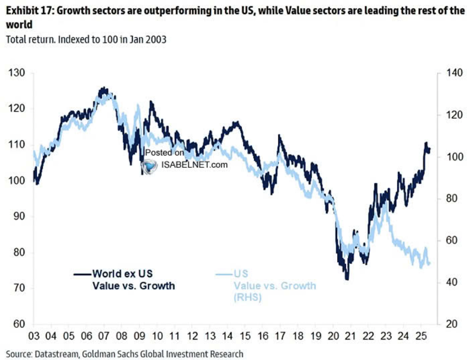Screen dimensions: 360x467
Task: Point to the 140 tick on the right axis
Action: (x=454, y=72)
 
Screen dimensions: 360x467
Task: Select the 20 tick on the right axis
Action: (x=452, y=324)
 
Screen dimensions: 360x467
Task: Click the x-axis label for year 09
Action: (x=140, y=336)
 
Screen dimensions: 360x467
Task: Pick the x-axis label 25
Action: (x=421, y=336)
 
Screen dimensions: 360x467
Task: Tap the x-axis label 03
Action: (x=34, y=336)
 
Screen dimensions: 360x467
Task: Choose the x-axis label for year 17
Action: (x=280, y=336)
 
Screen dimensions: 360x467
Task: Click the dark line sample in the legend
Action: (x=82, y=274)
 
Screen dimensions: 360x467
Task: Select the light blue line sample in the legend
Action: (x=224, y=274)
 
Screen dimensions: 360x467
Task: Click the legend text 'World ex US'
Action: (x=122, y=274)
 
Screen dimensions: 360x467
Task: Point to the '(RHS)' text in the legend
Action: (x=248, y=297)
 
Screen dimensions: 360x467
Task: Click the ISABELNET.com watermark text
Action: (x=194, y=165)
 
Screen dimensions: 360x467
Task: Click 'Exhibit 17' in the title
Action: (x=29, y=11)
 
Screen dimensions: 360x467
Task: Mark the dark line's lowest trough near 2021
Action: (x=347, y=279)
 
